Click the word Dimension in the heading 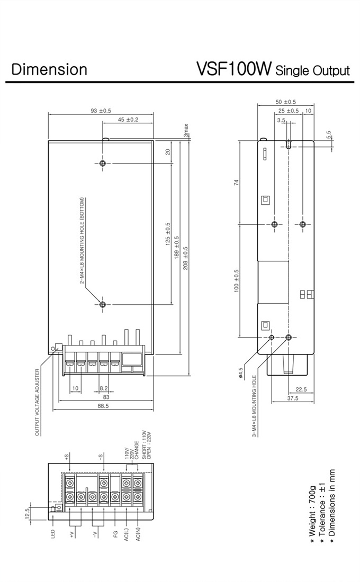coord(49,69)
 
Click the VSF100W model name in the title coord(234,68)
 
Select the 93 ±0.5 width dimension coord(101,111)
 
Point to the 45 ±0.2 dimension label coord(128,120)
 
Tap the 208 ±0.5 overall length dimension coord(185,258)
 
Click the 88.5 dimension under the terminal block coord(103,406)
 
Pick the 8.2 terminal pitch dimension coord(104,388)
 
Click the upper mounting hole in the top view coord(103,163)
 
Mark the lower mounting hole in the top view coord(103,304)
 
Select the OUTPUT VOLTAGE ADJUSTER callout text coord(37,402)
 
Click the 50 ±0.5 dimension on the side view coord(286,102)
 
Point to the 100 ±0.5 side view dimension coord(237,280)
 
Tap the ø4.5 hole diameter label coord(240,373)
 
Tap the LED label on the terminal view coord(53,534)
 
